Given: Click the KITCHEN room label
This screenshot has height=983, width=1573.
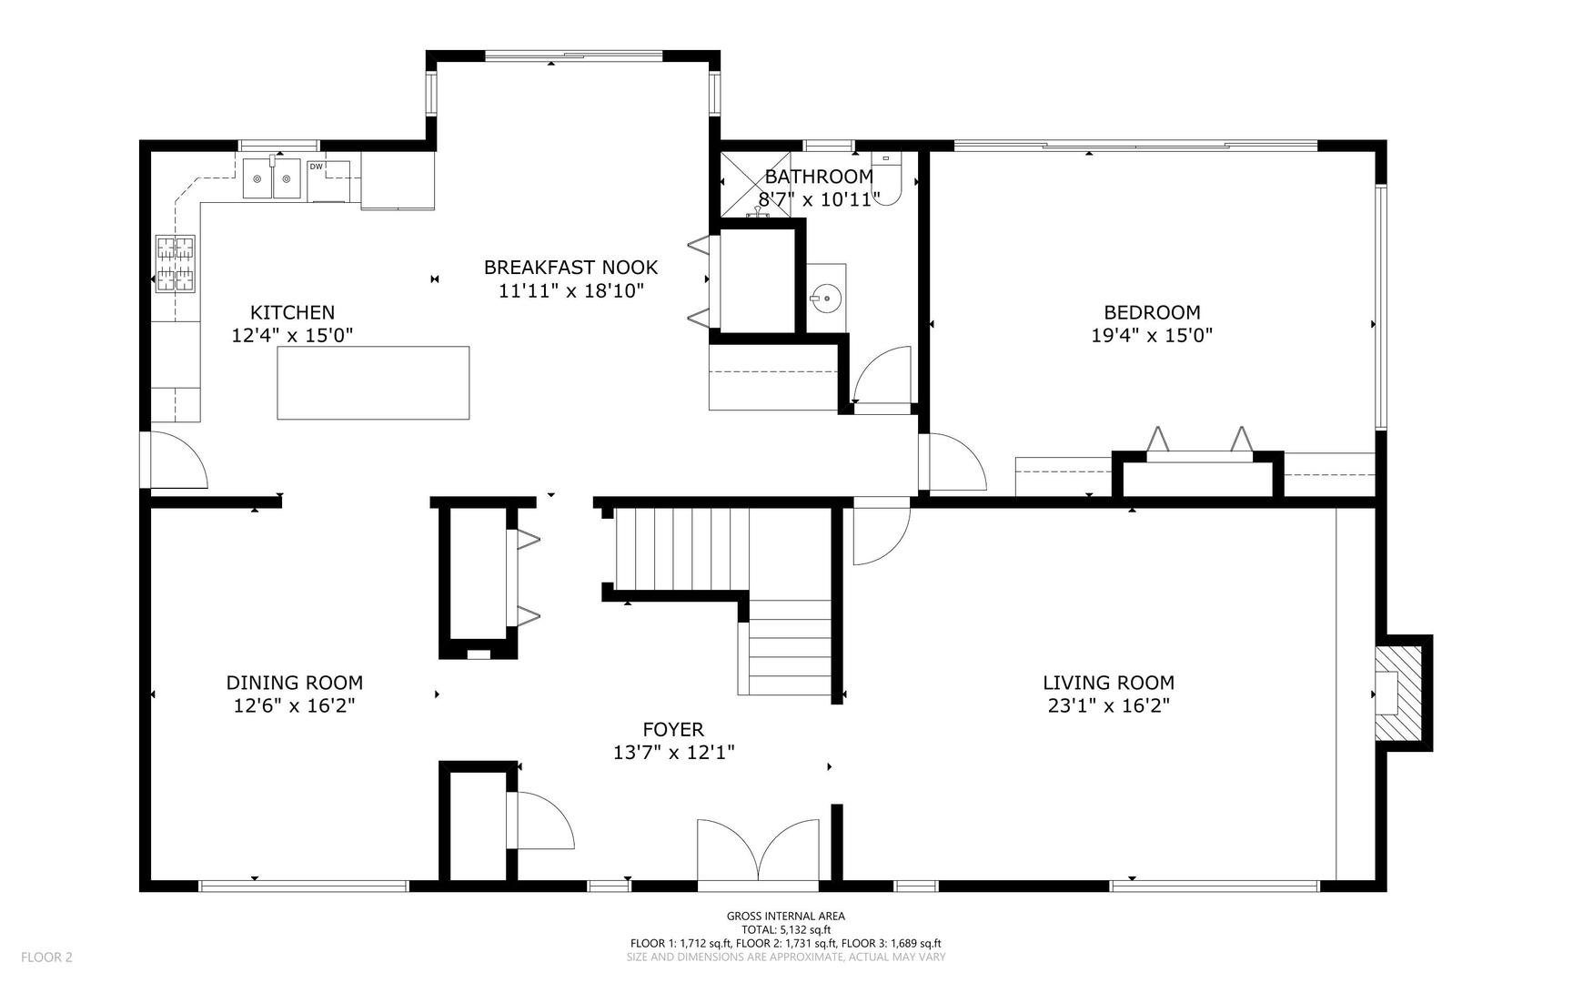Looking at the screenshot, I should pyautogui.click(x=292, y=312).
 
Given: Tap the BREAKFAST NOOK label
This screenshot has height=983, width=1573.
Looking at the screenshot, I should pyautogui.click(x=570, y=268).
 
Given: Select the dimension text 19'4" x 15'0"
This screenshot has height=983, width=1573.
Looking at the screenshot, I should pyautogui.click(x=1152, y=335).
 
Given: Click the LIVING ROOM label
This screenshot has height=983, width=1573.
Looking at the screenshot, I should pyautogui.click(x=1108, y=683).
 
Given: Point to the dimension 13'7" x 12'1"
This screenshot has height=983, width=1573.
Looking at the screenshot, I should pyautogui.click(x=673, y=753).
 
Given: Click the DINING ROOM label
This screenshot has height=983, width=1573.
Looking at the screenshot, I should pyautogui.click(x=294, y=683).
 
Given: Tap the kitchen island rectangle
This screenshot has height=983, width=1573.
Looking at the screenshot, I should pyautogui.click(x=373, y=382).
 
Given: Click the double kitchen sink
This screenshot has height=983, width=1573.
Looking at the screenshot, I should pyautogui.click(x=271, y=178).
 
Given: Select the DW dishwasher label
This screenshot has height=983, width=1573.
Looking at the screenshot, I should pyautogui.click(x=316, y=167).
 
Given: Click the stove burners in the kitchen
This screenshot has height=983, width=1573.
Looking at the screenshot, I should pyautogui.click(x=175, y=264).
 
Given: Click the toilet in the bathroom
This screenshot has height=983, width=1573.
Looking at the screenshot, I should pyautogui.click(x=886, y=179).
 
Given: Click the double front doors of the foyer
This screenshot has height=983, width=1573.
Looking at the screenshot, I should pyautogui.click(x=759, y=852).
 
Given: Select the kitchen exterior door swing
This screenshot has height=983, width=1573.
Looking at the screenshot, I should pyautogui.click(x=177, y=461).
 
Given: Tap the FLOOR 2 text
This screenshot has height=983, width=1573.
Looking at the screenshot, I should pyautogui.click(x=46, y=957).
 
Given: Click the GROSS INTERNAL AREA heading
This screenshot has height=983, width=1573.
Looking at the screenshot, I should pyautogui.click(x=785, y=917).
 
